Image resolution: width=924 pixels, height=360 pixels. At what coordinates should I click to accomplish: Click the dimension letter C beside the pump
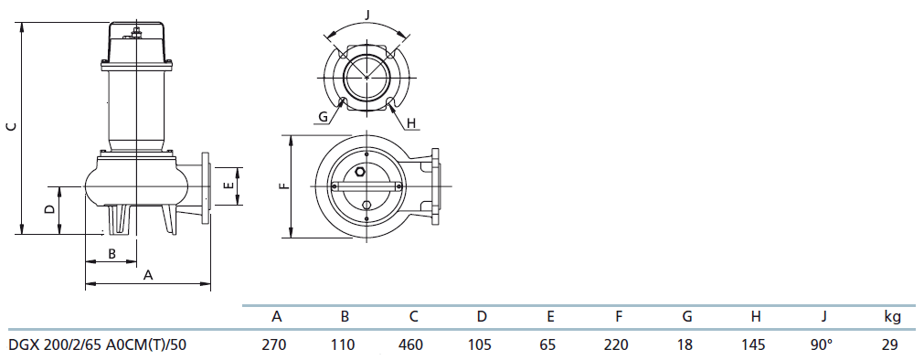tap(10, 127)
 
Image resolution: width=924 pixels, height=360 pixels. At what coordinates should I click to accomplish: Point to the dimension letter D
tap(50, 209)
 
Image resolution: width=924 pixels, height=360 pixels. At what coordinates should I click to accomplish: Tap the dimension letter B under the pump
tap(112, 253)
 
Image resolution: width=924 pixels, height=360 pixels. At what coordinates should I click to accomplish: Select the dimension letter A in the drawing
tap(148, 275)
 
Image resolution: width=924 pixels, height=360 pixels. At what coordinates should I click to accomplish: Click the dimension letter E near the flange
tap(229, 185)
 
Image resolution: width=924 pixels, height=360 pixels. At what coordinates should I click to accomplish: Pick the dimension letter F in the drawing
tap(284, 185)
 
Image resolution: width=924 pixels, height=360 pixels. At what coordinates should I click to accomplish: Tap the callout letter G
tap(323, 117)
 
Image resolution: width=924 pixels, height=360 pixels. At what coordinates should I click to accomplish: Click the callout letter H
tap(411, 123)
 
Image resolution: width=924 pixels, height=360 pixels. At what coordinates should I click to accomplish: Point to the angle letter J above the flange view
tap(367, 15)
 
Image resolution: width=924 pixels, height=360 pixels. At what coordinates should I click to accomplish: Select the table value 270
tap(277, 344)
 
